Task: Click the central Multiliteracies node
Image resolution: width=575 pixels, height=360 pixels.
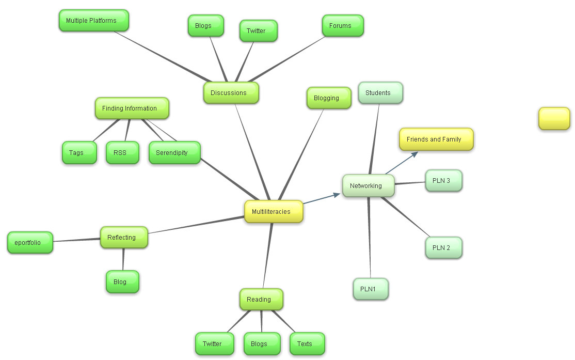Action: click(273, 212)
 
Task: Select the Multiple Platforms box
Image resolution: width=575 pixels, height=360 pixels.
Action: click(93, 21)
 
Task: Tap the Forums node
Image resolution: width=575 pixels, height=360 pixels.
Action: click(343, 26)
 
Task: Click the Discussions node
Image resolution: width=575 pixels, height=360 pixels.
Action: click(231, 93)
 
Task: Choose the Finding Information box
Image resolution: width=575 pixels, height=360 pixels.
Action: click(132, 108)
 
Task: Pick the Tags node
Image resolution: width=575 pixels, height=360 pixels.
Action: click(79, 153)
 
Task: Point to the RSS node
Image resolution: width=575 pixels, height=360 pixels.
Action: click(122, 153)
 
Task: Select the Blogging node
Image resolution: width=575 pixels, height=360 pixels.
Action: click(329, 98)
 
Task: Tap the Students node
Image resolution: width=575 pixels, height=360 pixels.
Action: click(380, 93)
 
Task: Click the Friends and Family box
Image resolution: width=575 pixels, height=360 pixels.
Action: click(436, 139)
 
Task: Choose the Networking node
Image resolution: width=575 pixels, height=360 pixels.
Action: click(368, 186)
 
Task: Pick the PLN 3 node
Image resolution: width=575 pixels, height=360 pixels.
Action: click(443, 181)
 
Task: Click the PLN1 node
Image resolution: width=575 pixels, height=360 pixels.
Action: click(371, 289)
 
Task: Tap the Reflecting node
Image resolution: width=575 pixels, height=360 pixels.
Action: click(124, 238)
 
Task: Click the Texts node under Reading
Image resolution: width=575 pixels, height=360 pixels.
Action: click(307, 344)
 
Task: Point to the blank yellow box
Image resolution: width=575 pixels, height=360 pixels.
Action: click(554, 119)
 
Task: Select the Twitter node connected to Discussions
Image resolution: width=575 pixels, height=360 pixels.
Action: click(258, 31)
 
